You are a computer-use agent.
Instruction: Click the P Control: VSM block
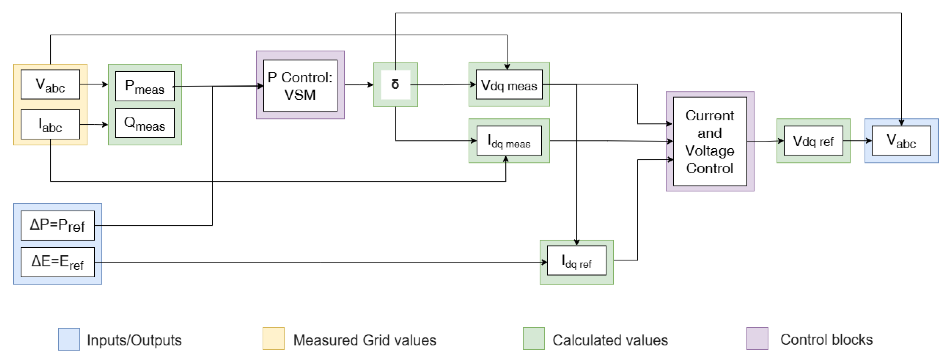[300, 86]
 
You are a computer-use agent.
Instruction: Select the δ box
[395, 85]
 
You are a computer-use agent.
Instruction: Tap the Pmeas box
[144, 86]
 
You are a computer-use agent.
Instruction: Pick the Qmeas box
[144, 123]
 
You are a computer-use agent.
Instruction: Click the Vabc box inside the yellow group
[50, 84]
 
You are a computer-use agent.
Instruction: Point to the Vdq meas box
[509, 85]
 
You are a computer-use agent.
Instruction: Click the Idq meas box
[509, 141]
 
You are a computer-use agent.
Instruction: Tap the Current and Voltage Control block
[710, 141]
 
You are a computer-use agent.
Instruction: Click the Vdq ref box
[813, 141]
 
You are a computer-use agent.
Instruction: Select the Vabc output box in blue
[901, 141]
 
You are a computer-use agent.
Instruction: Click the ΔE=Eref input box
[57, 262]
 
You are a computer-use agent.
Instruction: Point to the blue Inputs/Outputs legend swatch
[69, 339]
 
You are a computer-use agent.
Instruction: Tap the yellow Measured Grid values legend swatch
[273, 338]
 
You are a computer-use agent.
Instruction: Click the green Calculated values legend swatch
[534, 338]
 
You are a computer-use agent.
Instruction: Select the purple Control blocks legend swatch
[757, 338]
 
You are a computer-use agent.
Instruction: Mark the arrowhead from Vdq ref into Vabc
[869, 141]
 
